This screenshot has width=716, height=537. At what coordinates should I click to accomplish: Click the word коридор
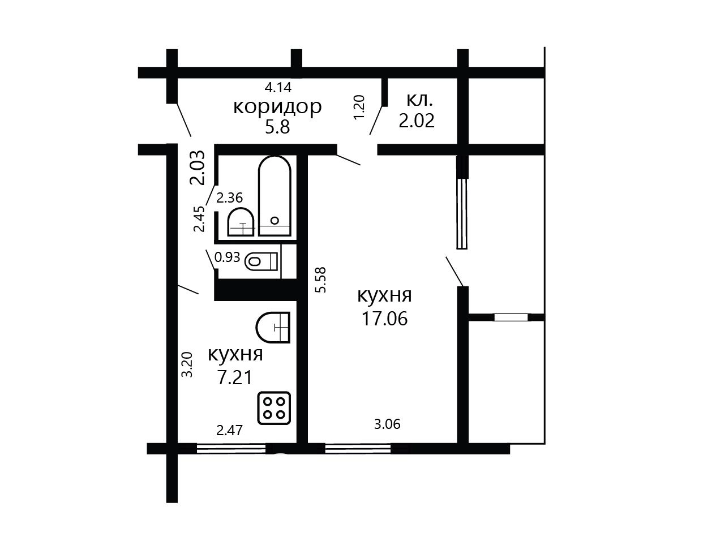click(277, 108)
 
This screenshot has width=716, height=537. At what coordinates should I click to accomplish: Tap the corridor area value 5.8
click(277, 127)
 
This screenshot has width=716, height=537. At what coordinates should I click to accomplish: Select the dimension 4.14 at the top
click(278, 87)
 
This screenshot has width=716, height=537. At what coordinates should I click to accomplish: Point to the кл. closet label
click(419, 100)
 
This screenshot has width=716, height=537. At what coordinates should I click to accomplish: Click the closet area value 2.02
click(417, 121)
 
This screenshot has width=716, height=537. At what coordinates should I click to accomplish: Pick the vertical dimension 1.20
click(359, 108)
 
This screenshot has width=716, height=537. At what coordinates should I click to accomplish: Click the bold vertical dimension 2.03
click(198, 167)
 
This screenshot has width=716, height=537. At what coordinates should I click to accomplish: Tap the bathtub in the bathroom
click(275, 196)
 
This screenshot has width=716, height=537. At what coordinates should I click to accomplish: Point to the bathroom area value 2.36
click(230, 198)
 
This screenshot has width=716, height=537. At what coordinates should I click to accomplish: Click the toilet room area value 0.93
click(227, 257)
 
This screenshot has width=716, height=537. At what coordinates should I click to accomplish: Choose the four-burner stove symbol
click(274, 408)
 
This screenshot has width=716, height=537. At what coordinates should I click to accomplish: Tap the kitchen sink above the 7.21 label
click(273, 328)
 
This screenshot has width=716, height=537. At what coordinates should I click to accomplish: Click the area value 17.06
click(384, 319)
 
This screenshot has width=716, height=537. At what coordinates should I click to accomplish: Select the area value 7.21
click(235, 378)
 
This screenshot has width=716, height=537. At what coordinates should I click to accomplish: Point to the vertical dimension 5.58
click(321, 280)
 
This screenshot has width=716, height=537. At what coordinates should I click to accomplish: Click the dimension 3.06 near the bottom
click(387, 424)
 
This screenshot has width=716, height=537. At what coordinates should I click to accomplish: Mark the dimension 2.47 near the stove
click(230, 431)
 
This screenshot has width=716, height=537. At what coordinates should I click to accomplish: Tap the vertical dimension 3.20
click(187, 364)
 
